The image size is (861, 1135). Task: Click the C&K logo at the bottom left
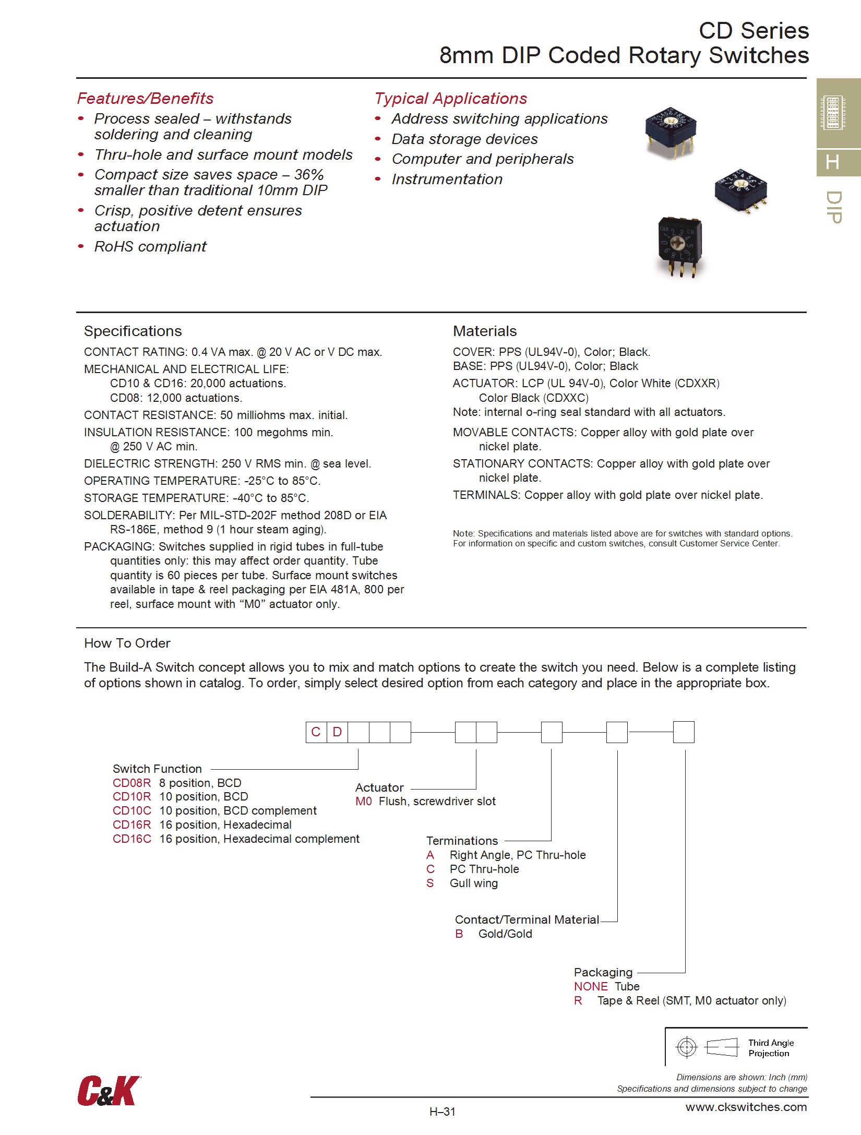click(x=109, y=1090)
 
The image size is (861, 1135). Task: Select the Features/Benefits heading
click(x=145, y=98)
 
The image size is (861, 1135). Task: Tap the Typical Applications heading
click(x=450, y=98)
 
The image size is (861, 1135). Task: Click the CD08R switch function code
click(x=131, y=783)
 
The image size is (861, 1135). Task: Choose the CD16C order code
click(x=131, y=839)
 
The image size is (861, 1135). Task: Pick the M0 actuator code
click(x=363, y=801)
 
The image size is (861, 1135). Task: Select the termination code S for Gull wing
click(x=430, y=883)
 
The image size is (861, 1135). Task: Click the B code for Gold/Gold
click(x=459, y=934)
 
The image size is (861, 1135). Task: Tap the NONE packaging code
click(x=591, y=986)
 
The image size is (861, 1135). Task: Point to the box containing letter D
click(x=337, y=732)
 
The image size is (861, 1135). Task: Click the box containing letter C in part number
click(x=316, y=732)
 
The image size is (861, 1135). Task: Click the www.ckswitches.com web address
click(x=746, y=1107)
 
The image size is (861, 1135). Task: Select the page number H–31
click(x=443, y=1112)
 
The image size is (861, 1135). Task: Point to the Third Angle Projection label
click(x=771, y=1048)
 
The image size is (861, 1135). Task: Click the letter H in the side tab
click(x=833, y=162)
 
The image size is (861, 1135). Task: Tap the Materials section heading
click(x=484, y=331)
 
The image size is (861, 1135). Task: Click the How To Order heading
click(x=127, y=643)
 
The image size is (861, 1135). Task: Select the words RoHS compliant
click(x=150, y=246)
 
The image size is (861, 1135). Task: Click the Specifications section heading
click(x=133, y=331)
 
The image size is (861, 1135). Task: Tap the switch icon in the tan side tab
click(x=833, y=113)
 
